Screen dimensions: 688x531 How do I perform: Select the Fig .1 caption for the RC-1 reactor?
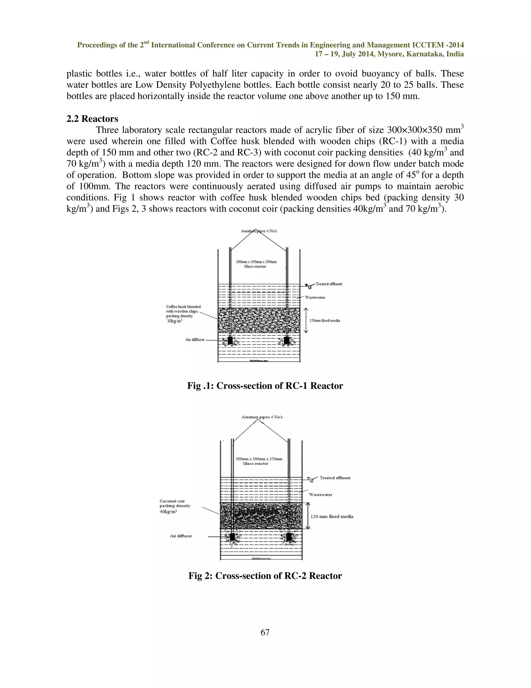tap(265, 386)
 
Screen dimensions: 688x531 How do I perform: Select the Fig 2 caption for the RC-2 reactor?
tap(265, 576)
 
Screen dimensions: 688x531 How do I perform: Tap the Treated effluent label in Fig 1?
tap(329, 284)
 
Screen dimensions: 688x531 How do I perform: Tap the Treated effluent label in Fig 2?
tap(335, 478)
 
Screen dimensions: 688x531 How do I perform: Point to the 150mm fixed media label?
tap(325, 320)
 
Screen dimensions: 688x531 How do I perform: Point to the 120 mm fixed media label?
tap(332, 516)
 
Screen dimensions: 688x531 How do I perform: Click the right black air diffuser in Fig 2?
tap(289, 536)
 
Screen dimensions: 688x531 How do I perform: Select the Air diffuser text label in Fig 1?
tap(195, 340)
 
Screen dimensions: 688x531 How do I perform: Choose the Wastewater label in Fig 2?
tap(320, 495)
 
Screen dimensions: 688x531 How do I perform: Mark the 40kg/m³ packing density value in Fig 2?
tap(168, 512)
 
